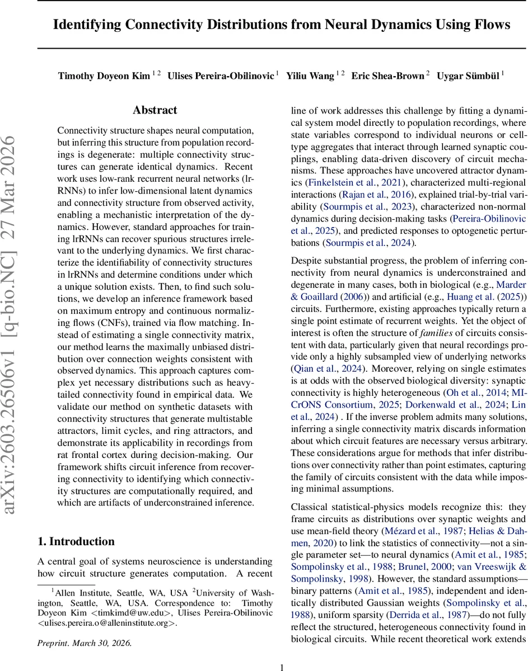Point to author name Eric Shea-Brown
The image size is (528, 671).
387,75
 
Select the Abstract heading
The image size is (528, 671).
155,110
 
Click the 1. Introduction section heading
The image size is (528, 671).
76,541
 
